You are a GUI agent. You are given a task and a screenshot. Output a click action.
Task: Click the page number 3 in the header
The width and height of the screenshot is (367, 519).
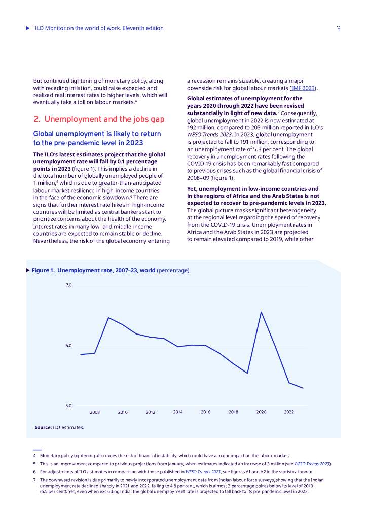[x=338, y=29]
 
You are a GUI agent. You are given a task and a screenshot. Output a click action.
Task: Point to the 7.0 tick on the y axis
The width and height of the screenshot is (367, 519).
[x=68, y=285]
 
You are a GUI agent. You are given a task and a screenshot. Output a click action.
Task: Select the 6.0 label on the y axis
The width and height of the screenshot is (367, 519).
[x=68, y=346]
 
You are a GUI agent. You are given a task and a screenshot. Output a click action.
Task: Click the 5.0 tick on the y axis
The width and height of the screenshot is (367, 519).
[x=68, y=406]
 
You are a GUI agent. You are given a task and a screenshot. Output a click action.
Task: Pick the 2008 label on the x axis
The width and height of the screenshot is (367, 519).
[x=95, y=412]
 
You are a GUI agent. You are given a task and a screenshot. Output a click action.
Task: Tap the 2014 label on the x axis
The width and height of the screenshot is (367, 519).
[x=178, y=412]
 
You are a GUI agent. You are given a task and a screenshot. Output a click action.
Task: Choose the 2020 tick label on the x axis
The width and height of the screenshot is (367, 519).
[x=261, y=412]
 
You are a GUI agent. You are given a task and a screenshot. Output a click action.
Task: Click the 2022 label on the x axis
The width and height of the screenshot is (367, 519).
[x=289, y=412]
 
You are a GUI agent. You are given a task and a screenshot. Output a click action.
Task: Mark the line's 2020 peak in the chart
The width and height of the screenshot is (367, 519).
[x=261, y=312]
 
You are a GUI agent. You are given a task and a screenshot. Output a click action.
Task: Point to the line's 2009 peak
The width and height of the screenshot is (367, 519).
[x=108, y=318]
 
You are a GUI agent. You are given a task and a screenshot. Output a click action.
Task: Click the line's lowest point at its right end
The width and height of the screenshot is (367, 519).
[x=303, y=388]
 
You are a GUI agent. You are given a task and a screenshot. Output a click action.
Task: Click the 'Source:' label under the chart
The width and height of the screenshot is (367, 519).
[x=43, y=427]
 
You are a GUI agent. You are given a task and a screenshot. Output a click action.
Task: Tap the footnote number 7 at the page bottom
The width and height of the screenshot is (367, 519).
[x=34, y=479]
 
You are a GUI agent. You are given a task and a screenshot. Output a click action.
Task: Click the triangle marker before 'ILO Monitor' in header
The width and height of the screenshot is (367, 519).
[x=28, y=28]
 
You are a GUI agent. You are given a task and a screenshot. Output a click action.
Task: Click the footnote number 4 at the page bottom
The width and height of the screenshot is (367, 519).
[x=34, y=456]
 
